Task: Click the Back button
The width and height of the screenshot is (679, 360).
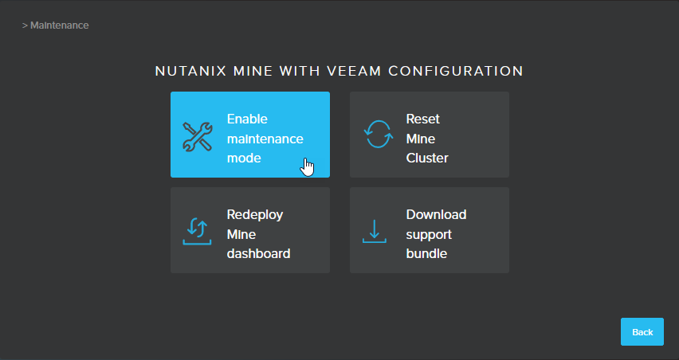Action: tap(642, 332)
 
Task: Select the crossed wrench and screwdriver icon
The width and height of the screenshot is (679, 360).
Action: tap(198, 137)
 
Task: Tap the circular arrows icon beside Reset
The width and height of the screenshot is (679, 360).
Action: tap(379, 134)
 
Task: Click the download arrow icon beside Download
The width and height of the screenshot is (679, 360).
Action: tap(374, 231)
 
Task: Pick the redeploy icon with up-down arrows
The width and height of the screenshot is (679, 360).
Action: tap(197, 232)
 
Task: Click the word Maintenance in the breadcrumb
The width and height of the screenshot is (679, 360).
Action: tap(59, 25)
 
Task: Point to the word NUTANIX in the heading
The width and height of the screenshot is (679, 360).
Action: tap(190, 71)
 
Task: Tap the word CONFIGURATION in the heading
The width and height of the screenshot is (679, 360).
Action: tap(456, 71)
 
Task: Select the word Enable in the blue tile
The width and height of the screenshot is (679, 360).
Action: tap(247, 119)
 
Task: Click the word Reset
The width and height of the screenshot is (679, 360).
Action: tap(422, 119)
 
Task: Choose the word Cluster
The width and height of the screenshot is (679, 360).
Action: tap(427, 158)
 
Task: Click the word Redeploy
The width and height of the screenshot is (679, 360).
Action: tap(255, 214)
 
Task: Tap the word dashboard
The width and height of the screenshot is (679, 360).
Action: tap(258, 253)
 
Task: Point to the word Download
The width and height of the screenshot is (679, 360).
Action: tap(436, 214)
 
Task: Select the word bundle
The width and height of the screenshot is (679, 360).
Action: tap(426, 253)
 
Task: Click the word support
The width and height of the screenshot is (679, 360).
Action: tap(429, 235)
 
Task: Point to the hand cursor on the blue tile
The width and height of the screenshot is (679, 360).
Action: tap(308, 167)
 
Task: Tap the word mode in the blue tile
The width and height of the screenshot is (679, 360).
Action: tap(244, 158)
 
